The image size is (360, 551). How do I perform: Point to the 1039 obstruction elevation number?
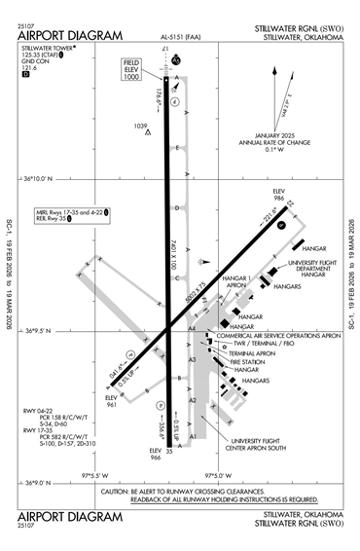[141, 126]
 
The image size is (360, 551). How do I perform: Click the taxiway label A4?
[193, 330]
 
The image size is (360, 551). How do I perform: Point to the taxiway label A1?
[193, 437]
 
